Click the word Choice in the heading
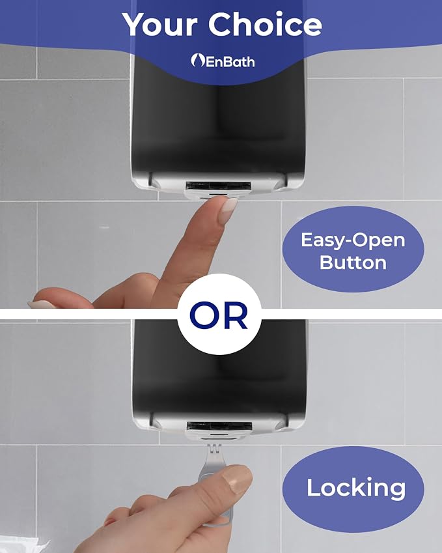coord(265,24)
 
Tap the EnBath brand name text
coord(229,62)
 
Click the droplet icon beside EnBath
coord(197,61)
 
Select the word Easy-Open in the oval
coord(353,240)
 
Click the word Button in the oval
coord(353,262)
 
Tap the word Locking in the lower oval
coord(356,488)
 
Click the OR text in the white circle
coord(219,315)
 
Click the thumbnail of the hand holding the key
coord(239,479)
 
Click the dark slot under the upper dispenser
coord(218,186)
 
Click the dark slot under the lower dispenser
coord(219,426)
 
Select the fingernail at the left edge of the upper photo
coord(41,304)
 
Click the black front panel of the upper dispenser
coord(219,117)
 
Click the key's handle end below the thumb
coord(223,518)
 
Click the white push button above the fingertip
coord(212,194)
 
